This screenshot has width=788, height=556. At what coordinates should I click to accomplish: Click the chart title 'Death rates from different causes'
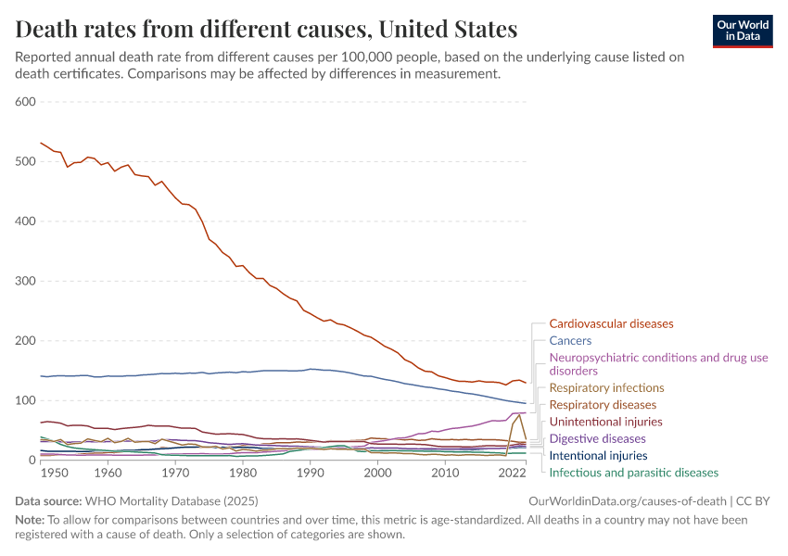[x=267, y=29]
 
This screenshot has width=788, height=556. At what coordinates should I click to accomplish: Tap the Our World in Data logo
[x=743, y=31]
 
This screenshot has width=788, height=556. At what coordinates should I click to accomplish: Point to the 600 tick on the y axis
[x=25, y=102]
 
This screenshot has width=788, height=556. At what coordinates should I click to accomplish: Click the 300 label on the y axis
[x=25, y=281]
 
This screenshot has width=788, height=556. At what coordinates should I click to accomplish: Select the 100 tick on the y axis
[x=25, y=400]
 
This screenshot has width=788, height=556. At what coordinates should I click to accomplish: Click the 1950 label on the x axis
[x=54, y=473]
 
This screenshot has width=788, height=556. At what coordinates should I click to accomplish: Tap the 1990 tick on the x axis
[x=311, y=473]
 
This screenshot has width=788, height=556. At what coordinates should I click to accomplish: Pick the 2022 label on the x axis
[x=512, y=473]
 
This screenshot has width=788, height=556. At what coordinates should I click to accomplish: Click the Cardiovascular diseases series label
[x=611, y=324]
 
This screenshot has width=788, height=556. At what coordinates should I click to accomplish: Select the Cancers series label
[x=570, y=341]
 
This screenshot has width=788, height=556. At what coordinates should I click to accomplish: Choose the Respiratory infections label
[x=606, y=388]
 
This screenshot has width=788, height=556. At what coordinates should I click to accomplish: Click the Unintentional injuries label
[x=605, y=422]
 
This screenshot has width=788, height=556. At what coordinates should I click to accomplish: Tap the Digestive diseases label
[x=597, y=438]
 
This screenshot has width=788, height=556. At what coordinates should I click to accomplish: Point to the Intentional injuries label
[x=598, y=456]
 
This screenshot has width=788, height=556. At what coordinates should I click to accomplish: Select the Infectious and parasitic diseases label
[x=633, y=473]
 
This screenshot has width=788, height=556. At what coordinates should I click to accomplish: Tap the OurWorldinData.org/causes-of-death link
[x=627, y=500]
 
